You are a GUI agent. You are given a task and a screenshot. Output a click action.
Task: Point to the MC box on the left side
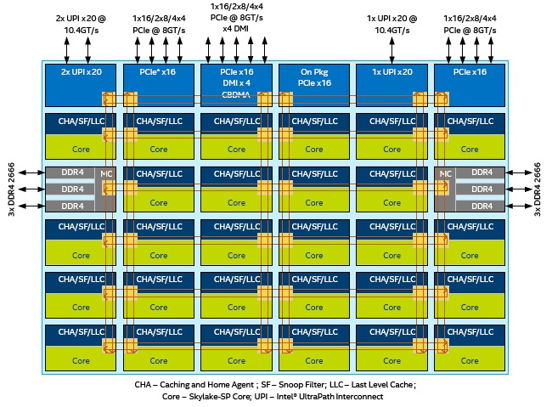106,173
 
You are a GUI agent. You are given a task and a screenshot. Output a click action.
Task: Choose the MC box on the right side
444,173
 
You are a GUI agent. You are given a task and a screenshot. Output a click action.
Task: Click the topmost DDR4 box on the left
72,172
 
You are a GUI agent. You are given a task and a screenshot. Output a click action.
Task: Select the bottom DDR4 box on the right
482,206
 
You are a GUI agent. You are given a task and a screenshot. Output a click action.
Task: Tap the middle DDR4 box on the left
72,189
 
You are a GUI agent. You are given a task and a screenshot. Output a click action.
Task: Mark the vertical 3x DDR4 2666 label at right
538,189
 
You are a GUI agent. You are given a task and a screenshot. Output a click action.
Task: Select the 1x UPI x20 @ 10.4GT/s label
391,23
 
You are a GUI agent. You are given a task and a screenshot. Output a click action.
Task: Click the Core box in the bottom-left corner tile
80,360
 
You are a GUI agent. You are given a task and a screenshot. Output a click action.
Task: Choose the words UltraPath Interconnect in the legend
369,397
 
